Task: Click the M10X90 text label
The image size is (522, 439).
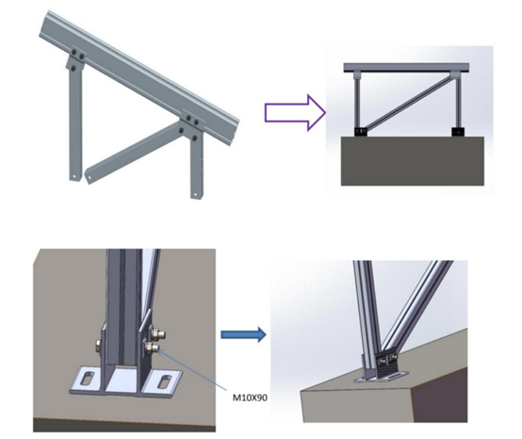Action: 250,398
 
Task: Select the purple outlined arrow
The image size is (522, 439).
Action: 295,113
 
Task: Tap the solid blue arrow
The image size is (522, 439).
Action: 243,333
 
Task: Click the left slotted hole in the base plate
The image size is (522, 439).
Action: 88,379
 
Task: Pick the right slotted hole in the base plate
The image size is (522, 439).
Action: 165,381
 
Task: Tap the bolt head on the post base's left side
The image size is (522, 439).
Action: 99,345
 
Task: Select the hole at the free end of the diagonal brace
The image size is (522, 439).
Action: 89,176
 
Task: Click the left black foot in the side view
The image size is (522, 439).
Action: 361,132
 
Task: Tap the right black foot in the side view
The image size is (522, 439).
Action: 457,132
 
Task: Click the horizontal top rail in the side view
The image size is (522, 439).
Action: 406,68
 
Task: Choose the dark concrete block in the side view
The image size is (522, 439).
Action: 413,161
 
